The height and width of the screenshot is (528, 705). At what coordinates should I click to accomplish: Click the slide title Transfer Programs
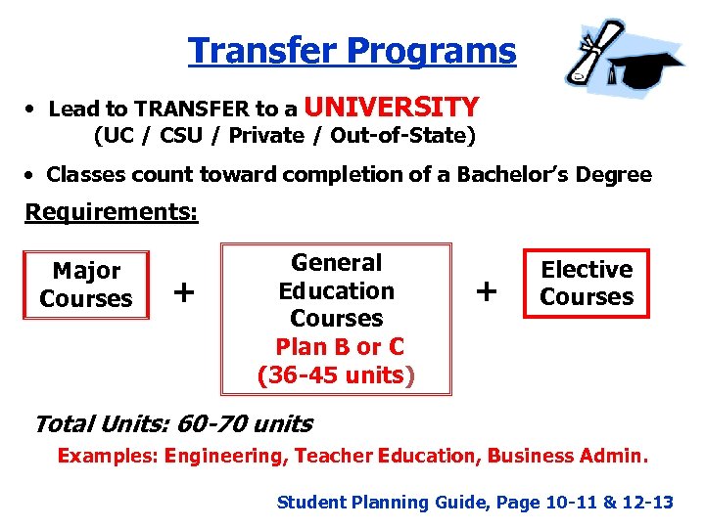(x=352, y=50)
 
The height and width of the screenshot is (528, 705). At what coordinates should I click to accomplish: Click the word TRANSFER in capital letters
(x=183, y=109)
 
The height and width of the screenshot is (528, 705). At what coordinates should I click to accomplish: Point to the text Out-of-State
(x=412, y=135)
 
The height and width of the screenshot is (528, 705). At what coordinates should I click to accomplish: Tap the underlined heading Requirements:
(x=111, y=212)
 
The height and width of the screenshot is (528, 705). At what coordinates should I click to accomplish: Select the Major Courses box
(x=86, y=285)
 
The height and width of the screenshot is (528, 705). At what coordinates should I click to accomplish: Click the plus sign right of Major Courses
(x=183, y=290)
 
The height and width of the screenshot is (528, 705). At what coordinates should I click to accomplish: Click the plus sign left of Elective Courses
(x=486, y=290)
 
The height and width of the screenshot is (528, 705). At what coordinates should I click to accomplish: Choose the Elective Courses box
(x=587, y=284)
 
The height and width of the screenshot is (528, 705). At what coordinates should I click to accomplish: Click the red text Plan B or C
(x=340, y=347)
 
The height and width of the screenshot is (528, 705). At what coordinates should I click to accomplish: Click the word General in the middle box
(x=336, y=263)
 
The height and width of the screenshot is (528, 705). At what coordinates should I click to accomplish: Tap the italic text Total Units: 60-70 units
(x=172, y=424)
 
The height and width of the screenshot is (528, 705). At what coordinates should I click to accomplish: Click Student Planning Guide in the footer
(x=382, y=503)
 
